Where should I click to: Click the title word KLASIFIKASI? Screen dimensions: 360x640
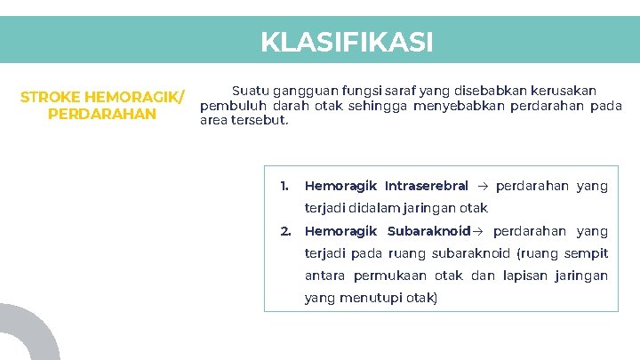point(347,42)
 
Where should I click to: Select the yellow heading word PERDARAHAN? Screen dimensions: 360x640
point(102,115)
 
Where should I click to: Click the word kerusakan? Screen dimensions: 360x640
point(563,91)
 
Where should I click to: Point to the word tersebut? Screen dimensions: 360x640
point(260,121)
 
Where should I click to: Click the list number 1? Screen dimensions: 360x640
point(284,186)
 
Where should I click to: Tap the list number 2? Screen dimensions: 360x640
point(285,231)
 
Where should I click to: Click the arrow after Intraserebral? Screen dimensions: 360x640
point(483,187)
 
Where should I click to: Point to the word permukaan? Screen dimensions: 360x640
point(388,276)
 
